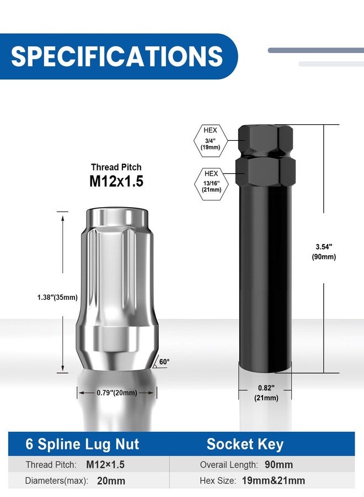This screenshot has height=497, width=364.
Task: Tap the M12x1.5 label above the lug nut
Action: click(116, 181)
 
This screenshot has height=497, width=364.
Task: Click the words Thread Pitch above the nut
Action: click(116, 167)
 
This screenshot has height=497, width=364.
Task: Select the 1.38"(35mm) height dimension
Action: click(57, 297)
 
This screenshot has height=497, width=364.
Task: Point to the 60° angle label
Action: click(164, 362)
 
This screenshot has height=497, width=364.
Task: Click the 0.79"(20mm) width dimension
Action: click(117, 393)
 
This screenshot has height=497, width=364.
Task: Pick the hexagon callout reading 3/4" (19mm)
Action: click(211, 141)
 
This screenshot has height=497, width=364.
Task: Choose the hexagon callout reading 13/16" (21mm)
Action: click(211, 184)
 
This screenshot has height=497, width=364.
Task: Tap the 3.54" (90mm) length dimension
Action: click(324, 252)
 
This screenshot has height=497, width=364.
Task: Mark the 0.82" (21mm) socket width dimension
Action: click(266, 393)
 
